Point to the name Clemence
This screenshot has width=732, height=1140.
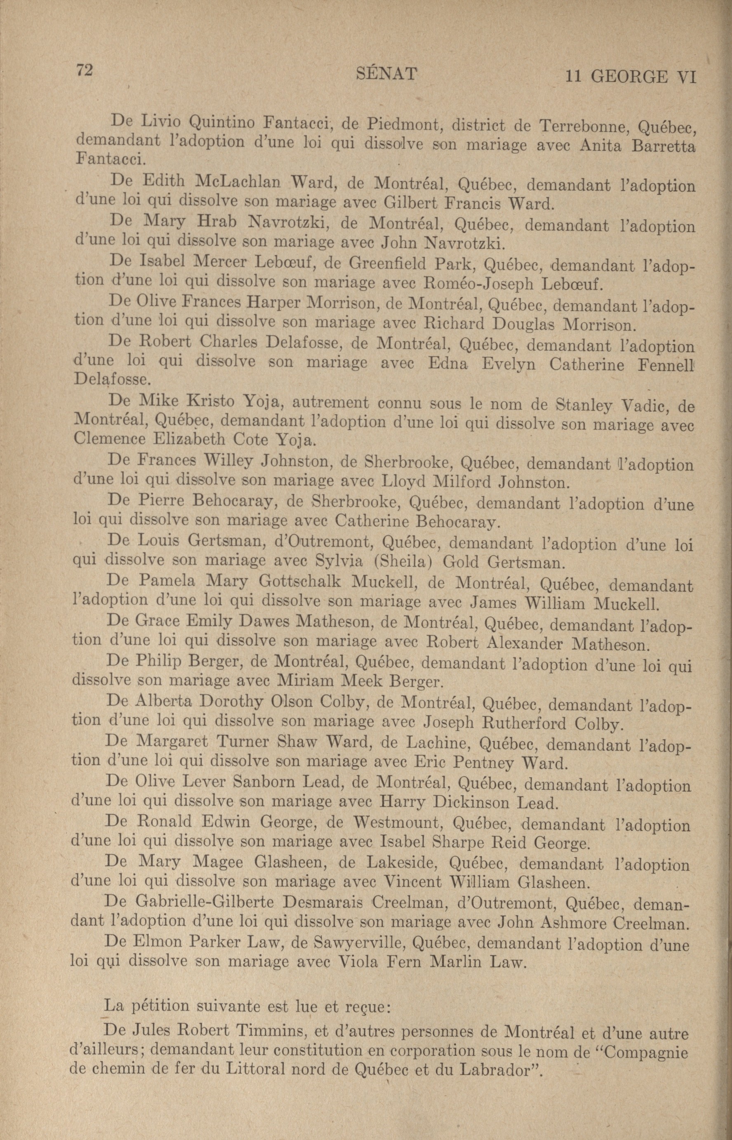[110, 437]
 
